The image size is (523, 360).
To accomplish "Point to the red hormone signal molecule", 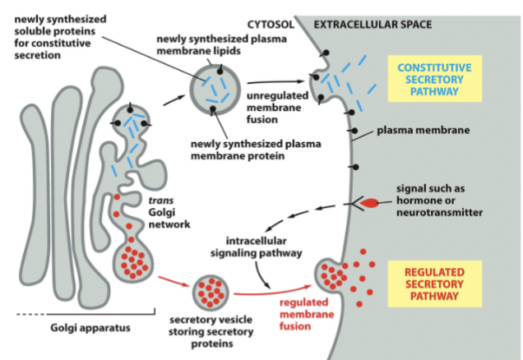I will click(x=373, y=202).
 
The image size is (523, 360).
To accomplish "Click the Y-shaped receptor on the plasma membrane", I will click(x=354, y=202).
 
